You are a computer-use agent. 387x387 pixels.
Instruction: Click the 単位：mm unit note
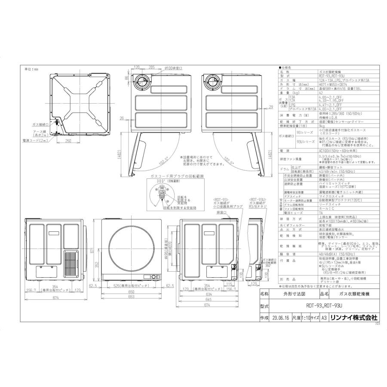tap(31, 69)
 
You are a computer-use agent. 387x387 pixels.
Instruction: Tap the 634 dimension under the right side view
tap(208, 295)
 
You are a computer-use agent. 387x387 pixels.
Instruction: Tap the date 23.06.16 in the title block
tap(280, 318)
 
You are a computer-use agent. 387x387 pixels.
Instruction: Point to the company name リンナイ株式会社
tap(356, 318)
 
